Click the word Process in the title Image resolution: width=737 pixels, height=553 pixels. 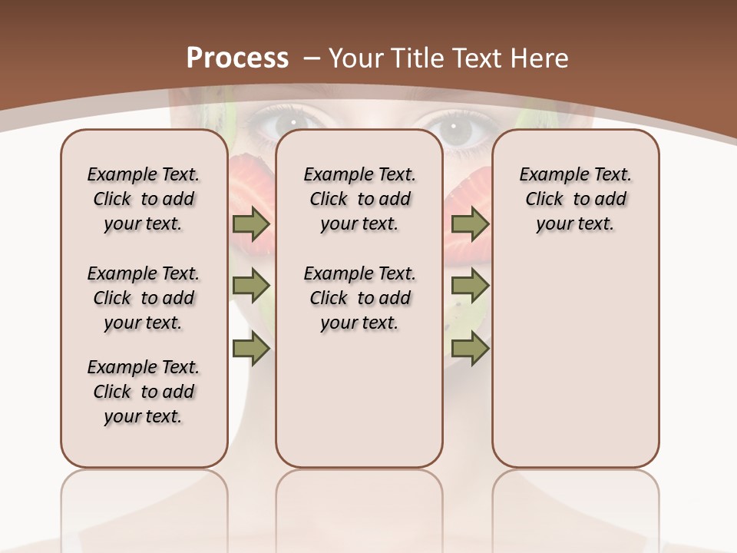pos(238,58)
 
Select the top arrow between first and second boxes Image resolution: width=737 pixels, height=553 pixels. pos(251,224)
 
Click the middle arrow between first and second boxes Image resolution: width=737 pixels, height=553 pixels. pos(251,286)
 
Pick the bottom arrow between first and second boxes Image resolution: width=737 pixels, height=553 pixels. pos(251,350)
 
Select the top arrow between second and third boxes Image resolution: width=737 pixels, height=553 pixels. pos(470,224)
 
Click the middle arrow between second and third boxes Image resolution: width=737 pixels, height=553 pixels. pos(470,286)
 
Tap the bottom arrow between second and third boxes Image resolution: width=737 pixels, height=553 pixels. pos(470,350)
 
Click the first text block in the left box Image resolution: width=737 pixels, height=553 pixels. pos(144,199)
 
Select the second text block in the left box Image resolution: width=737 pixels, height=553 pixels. pos(144,298)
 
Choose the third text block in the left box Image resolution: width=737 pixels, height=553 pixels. pos(144,392)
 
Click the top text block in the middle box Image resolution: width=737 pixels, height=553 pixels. pos(359,199)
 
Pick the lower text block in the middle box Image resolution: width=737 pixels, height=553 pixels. pos(359,298)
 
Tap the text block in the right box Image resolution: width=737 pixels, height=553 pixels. pos(575,199)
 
